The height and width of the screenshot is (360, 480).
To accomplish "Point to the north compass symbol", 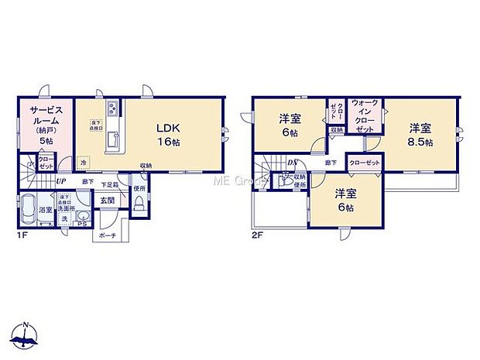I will point(26,335).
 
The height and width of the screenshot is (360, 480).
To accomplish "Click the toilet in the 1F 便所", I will point(139,204).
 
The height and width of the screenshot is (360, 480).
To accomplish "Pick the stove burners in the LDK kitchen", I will point(112,108).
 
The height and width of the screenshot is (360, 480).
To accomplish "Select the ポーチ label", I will point(107,237).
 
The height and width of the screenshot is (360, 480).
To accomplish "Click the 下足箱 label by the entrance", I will point(111,183).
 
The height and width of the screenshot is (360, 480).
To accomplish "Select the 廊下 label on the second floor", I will point(331,163).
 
